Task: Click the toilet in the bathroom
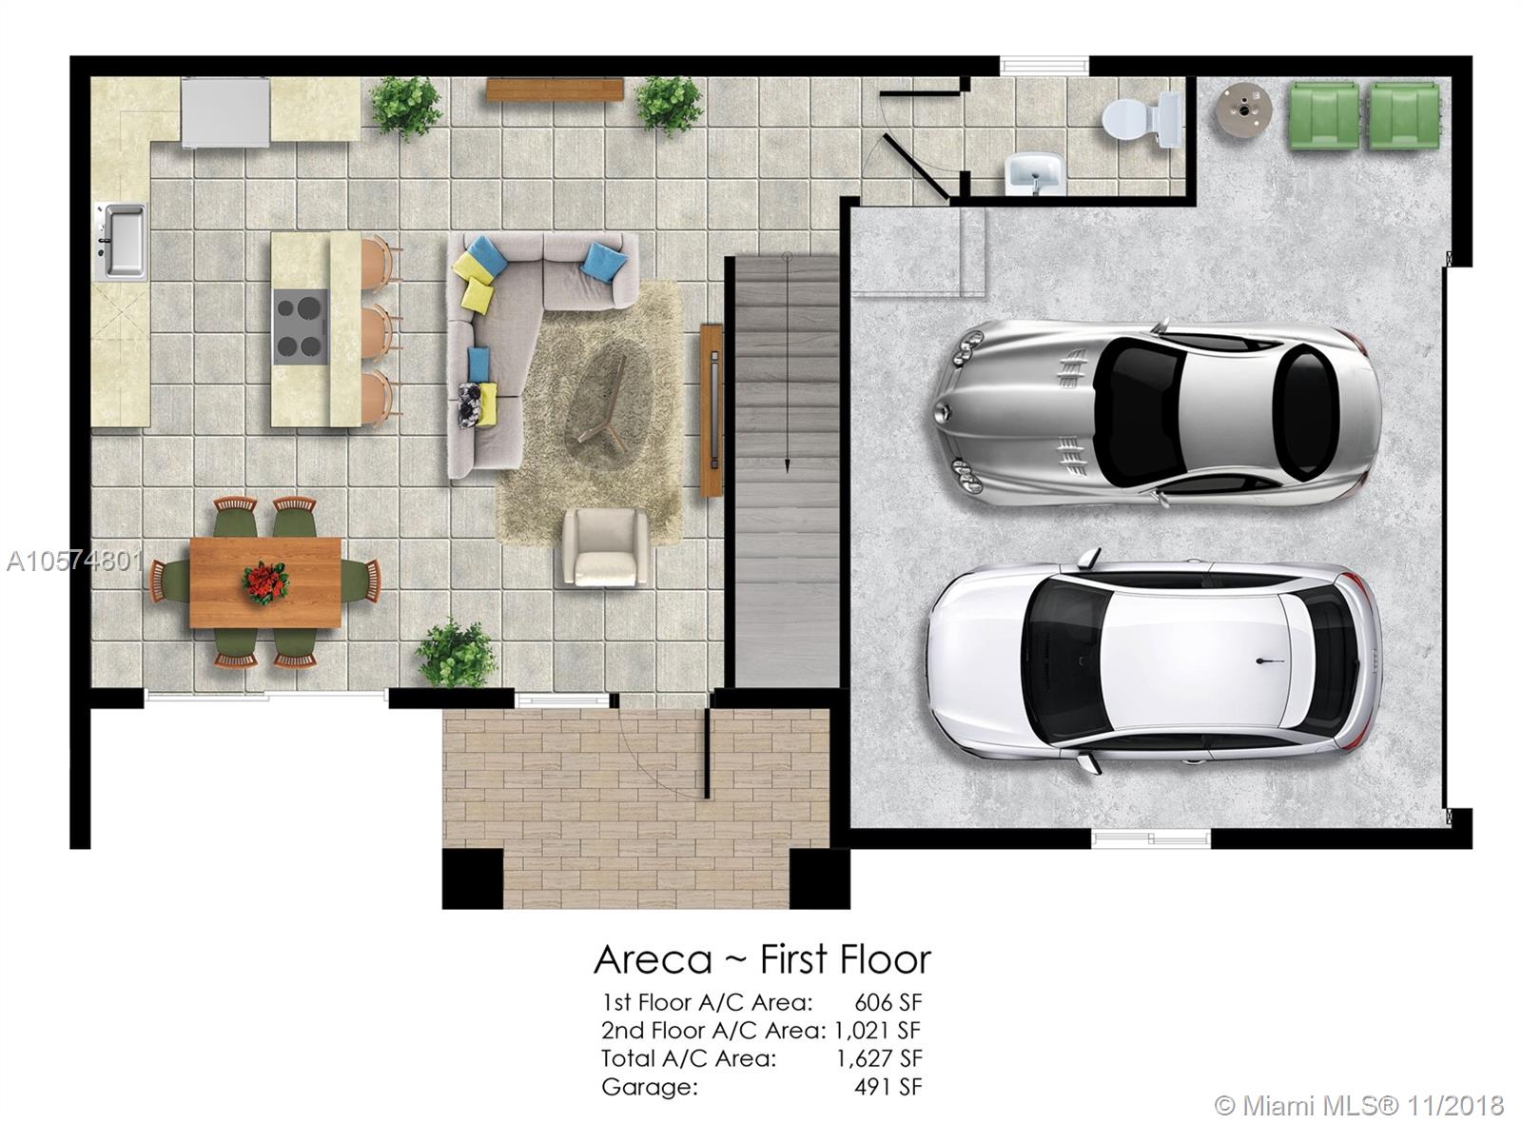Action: point(1141,121)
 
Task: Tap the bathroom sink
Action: point(1034,173)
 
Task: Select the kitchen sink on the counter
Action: point(122,241)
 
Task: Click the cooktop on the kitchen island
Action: point(301,326)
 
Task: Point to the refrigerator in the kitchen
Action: point(225,112)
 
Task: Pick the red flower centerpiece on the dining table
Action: point(264,582)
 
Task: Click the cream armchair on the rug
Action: point(605,547)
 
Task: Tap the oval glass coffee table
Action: point(607,401)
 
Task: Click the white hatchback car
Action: point(1153,662)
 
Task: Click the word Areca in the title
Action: point(653,960)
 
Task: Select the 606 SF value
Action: point(888,1003)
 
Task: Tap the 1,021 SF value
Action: point(878,1031)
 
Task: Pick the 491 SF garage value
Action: point(888,1087)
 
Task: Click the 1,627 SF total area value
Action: point(879,1058)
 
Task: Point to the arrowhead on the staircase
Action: point(787,466)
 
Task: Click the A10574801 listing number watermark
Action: point(75,562)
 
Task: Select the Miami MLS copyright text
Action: point(1359,1106)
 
